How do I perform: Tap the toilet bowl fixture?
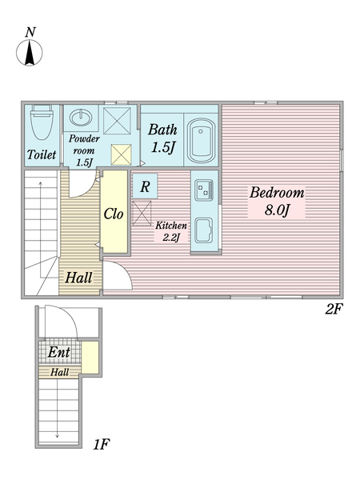pyautogui.click(x=42, y=122)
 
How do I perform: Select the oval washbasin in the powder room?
pyautogui.click(x=80, y=118)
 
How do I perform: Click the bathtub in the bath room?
pyautogui.click(x=201, y=141)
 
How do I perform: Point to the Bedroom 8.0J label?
pyautogui.click(x=277, y=201)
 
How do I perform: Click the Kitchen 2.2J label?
pyautogui.click(x=171, y=231)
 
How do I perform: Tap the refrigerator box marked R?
pyautogui.click(x=145, y=186)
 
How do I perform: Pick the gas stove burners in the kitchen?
pyautogui.click(x=204, y=190)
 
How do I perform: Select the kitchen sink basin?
pyautogui.click(x=204, y=230)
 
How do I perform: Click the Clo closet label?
pyautogui.click(x=114, y=214)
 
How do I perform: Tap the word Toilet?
pyautogui.click(x=42, y=154)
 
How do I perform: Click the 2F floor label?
pyautogui.click(x=333, y=309)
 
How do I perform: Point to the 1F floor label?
pyautogui.click(x=102, y=444)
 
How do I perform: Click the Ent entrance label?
pyautogui.click(x=58, y=352)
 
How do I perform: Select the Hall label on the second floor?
pyautogui.click(x=78, y=278)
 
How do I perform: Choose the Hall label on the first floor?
pyautogui.click(x=59, y=372)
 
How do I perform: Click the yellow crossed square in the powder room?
pyautogui.click(x=122, y=154)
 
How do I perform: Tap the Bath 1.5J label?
pyautogui.click(x=163, y=138)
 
